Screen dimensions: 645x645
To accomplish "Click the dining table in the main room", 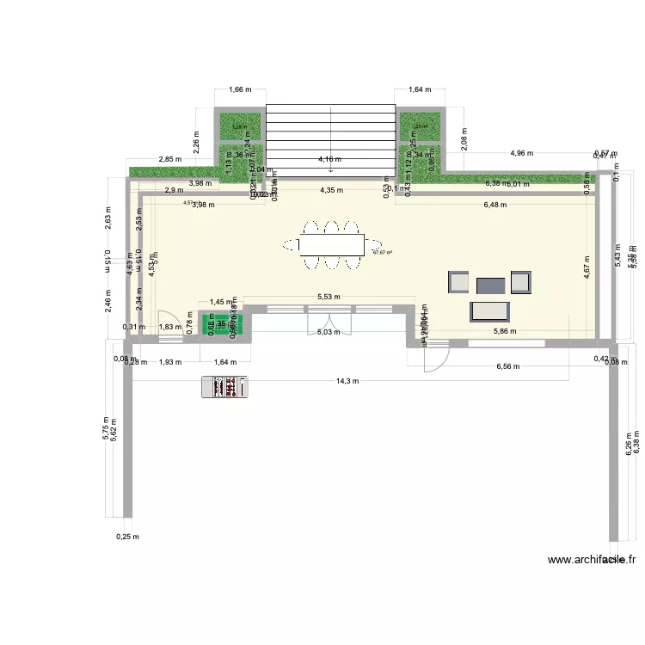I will (331, 246).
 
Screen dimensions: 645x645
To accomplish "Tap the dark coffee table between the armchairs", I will (491, 285).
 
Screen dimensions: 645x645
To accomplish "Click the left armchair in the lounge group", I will (459, 282).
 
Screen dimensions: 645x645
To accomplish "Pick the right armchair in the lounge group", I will (521, 282).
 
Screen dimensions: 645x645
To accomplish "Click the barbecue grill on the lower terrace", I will (225, 388).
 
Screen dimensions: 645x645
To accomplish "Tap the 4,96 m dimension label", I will (521, 153).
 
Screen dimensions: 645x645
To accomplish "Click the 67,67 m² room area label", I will (382, 252).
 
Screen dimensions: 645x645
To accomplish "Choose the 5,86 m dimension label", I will (506, 331).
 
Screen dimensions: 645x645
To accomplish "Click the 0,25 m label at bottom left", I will (126, 536).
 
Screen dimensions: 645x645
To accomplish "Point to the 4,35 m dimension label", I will (330, 191).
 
